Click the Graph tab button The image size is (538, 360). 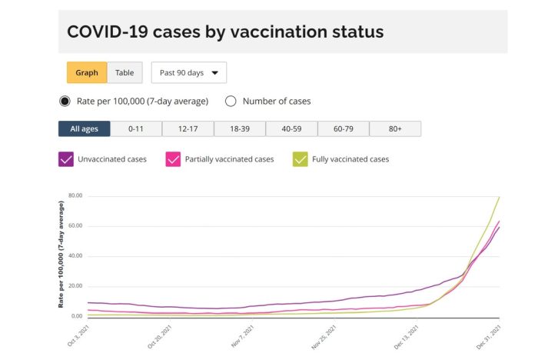pyautogui.click(x=87, y=73)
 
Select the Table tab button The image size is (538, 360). pyautogui.click(x=125, y=73)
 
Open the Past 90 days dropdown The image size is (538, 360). pyautogui.click(x=188, y=73)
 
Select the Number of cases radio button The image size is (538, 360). pyautogui.click(x=231, y=101)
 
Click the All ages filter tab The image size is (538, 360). pyautogui.click(x=84, y=128)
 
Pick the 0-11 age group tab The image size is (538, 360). pyautogui.click(x=136, y=128)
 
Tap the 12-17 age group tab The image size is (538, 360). pyautogui.click(x=188, y=128)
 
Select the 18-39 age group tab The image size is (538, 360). pyautogui.click(x=240, y=128)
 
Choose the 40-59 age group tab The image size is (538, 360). pyautogui.click(x=292, y=128)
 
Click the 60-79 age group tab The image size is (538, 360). pyautogui.click(x=344, y=128)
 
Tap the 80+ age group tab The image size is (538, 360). pyautogui.click(x=395, y=128)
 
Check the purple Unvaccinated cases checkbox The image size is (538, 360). pyautogui.click(x=65, y=159)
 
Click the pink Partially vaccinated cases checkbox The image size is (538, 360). pyautogui.click(x=173, y=159)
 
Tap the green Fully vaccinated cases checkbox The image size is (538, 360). pyautogui.click(x=301, y=159)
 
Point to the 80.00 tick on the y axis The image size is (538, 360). pyautogui.click(x=75, y=195)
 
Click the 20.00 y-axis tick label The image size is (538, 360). pyautogui.click(x=75, y=285)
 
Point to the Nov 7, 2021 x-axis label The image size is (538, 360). pyautogui.click(x=241, y=335)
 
